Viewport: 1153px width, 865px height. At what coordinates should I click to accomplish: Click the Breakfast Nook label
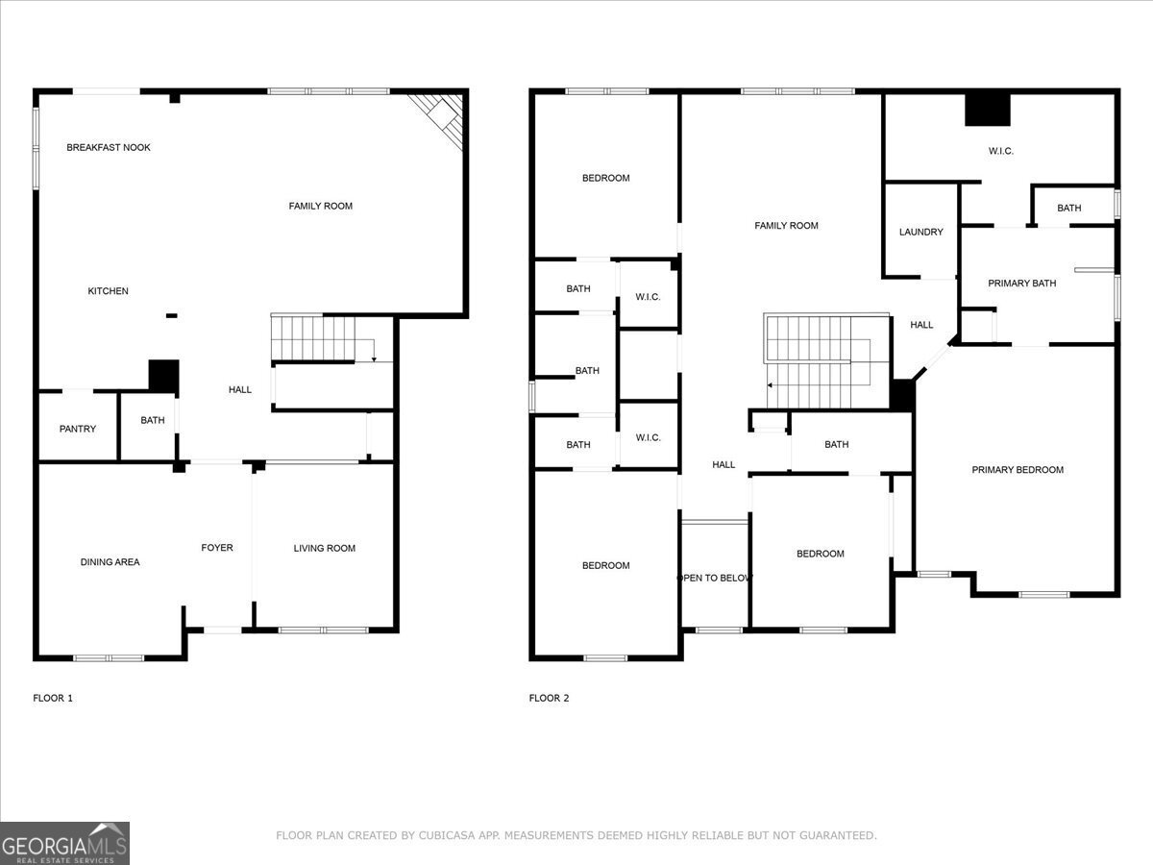pyautogui.click(x=109, y=148)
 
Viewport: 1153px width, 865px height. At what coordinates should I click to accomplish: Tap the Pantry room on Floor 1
pyautogui.click(x=78, y=428)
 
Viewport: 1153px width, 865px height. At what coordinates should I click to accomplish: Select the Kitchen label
pyautogui.click(x=109, y=291)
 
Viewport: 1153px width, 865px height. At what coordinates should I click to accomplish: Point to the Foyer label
pyautogui.click(x=217, y=548)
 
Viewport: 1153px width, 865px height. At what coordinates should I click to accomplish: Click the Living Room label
pyautogui.click(x=325, y=549)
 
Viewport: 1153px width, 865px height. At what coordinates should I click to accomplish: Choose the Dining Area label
pyautogui.click(x=110, y=562)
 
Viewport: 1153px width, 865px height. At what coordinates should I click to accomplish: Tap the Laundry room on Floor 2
pyautogui.click(x=920, y=233)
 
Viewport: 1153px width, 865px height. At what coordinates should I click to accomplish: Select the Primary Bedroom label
pyautogui.click(x=1018, y=470)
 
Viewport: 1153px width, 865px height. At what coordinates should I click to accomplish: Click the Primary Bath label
pyautogui.click(x=1022, y=284)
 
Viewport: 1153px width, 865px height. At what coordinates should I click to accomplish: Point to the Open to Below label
pyautogui.click(x=715, y=579)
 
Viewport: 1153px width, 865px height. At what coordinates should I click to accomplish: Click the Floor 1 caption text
pyautogui.click(x=53, y=699)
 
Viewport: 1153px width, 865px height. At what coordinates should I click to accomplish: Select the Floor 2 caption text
pyautogui.click(x=549, y=699)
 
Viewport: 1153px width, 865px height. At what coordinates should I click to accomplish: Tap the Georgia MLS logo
pyautogui.click(x=65, y=843)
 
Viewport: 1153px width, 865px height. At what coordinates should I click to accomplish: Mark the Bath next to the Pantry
pyautogui.click(x=153, y=420)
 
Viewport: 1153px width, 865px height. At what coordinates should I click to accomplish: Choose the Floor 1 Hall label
pyautogui.click(x=240, y=390)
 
